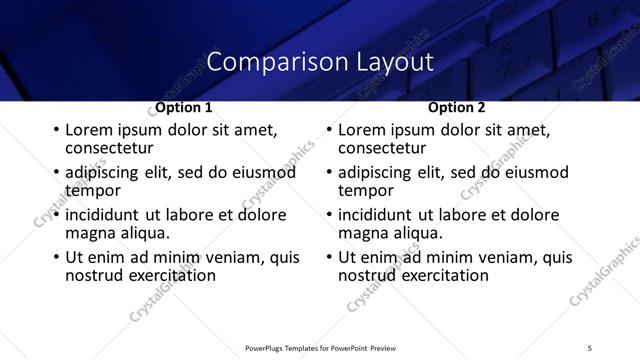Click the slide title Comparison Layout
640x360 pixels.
320,62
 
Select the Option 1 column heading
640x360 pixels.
183,107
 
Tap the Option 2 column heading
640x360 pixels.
456,107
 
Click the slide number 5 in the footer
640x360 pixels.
589,347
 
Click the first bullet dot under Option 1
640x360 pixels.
56,131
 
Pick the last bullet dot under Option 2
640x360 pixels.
329,257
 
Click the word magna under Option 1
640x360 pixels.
89,233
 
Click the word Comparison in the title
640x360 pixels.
262,62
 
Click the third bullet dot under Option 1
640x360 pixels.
56,215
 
